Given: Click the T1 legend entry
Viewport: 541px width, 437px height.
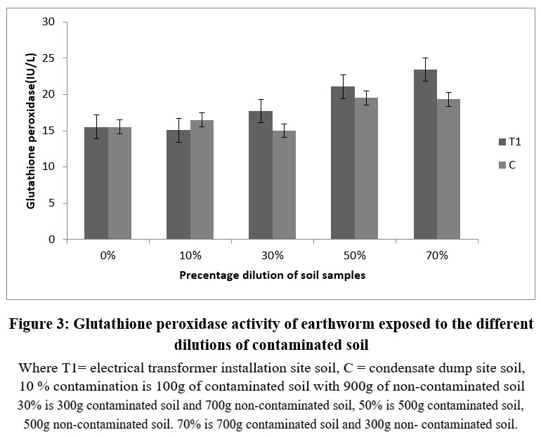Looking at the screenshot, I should (509, 141).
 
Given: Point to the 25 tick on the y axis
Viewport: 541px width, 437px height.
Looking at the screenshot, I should (48, 58).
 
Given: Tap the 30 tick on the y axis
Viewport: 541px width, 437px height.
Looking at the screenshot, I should (48, 22).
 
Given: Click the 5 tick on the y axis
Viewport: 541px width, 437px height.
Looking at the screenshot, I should (51, 203).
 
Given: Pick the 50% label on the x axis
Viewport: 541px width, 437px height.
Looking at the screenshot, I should (354, 255).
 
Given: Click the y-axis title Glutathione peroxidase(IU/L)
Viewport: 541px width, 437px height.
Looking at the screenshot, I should (31, 131).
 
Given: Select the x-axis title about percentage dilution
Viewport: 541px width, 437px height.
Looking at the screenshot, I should (272, 275).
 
